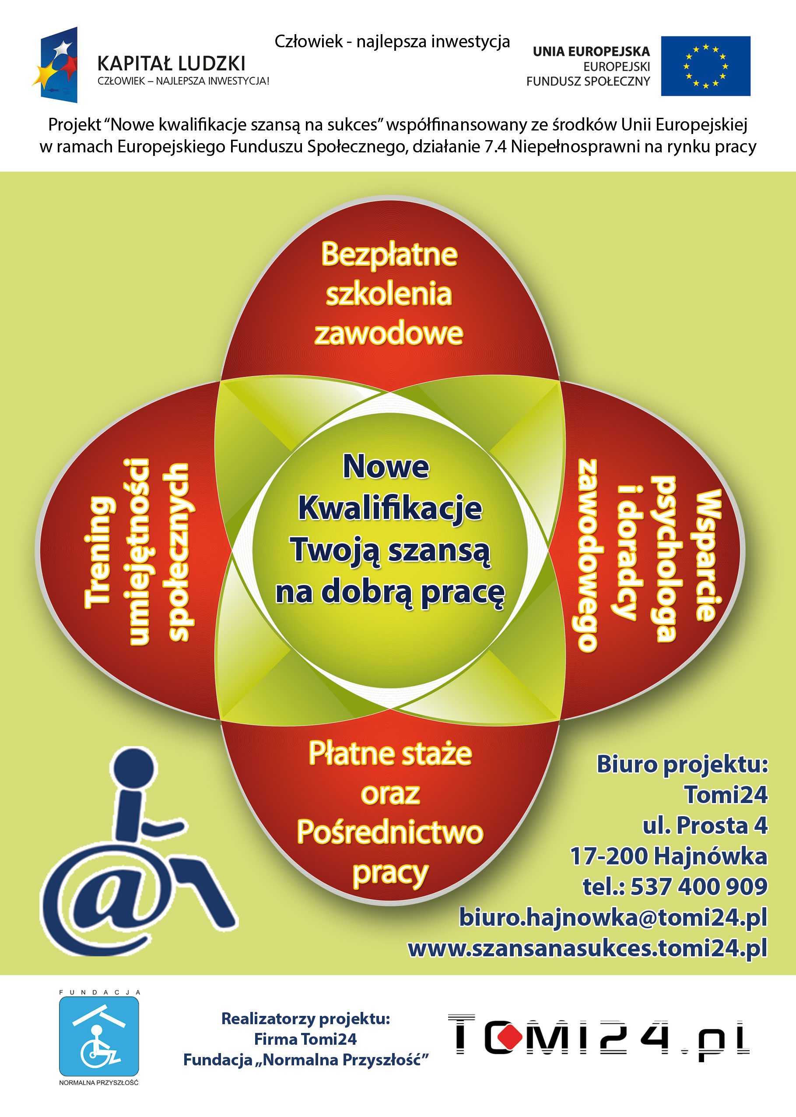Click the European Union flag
point(705,66)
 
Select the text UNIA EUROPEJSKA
point(591,52)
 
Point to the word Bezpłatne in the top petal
point(389,255)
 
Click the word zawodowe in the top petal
point(389,333)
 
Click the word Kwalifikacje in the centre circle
point(390,508)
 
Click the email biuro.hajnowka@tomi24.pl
point(613,917)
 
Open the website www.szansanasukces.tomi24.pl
point(587,948)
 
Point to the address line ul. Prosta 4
point(705,825)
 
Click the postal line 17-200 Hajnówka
point(669,856)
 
